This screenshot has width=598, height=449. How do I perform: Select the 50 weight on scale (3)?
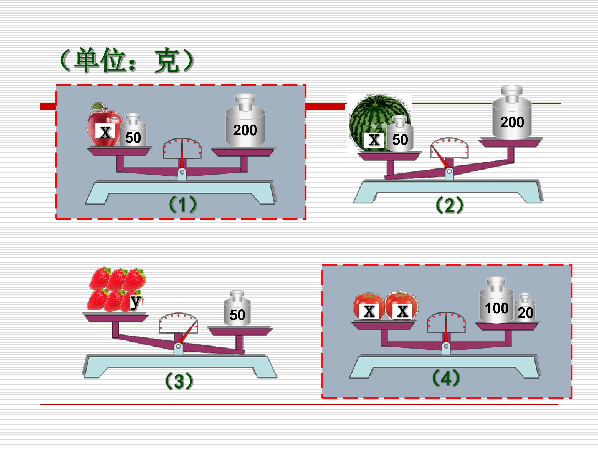click(x=237, y=311)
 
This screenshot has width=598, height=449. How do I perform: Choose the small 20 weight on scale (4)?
click(x=525, y=310)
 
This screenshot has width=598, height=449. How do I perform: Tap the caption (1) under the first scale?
click(x=183, y=204)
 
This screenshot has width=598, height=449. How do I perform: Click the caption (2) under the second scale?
click(x=450, y=206)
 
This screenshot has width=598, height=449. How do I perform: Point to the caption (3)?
click(x=179, y=381)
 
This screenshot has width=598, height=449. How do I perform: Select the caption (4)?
click(x=446, y=378)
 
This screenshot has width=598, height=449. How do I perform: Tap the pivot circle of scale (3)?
click(x=178, y=347)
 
